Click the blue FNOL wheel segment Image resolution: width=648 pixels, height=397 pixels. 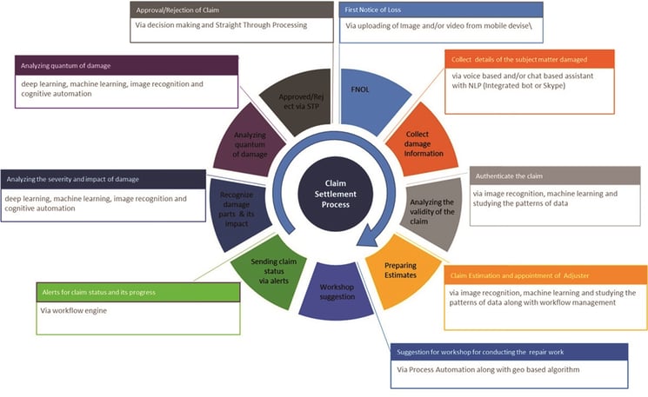(370, 99)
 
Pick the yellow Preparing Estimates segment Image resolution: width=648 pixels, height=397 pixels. (401, 270)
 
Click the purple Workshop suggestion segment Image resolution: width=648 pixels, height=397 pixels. (336, 292)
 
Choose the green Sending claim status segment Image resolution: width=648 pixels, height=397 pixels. (271, 272)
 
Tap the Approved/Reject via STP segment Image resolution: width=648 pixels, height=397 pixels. (299, 101)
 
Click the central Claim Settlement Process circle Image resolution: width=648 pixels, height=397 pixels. (335, 194)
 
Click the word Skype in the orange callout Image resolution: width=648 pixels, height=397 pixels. (553, 86)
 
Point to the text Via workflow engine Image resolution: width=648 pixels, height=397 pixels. (74, 311)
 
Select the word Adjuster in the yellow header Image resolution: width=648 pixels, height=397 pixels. (576, 275)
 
